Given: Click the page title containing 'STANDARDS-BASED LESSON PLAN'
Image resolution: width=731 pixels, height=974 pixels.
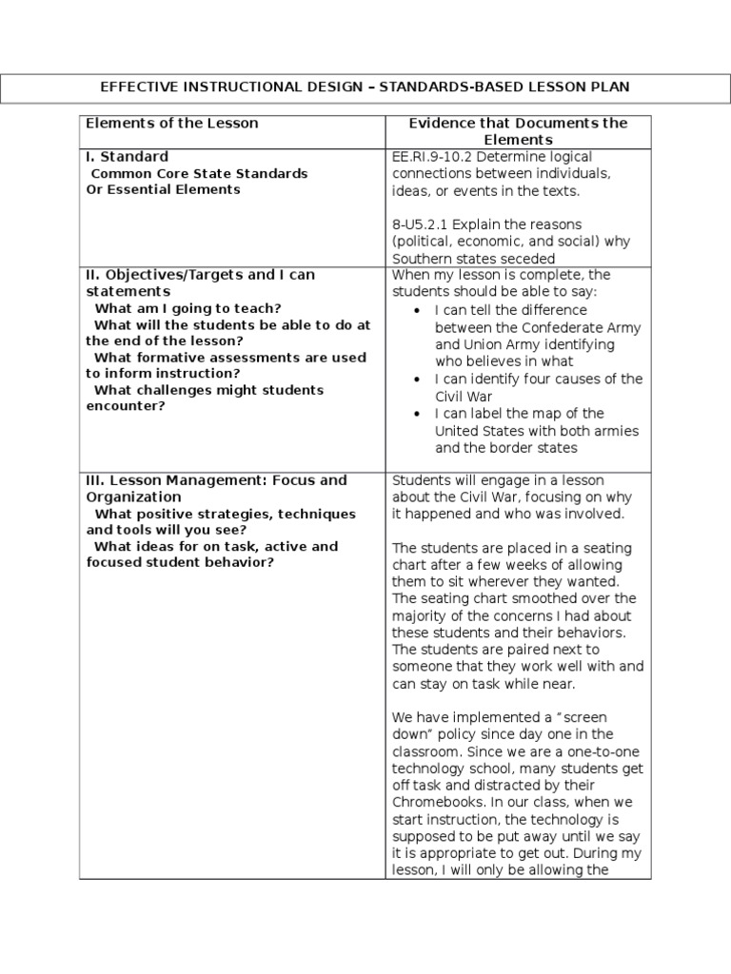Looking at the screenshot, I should pos(365,87).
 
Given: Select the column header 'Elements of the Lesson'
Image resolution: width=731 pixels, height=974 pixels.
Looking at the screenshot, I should pos(172,123).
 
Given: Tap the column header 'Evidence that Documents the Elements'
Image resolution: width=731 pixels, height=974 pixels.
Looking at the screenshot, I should pos(518,131).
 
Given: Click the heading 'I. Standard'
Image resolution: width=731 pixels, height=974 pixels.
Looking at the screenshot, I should pos(127,156).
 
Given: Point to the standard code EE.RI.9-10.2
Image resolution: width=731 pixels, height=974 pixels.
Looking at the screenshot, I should pos(434,157).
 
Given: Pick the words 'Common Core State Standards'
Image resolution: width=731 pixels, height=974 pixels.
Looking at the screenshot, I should pos(199,173).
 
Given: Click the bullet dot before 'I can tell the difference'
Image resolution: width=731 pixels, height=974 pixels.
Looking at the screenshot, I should pos(420,311).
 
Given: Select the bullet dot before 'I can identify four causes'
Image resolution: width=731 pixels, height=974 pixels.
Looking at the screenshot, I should pos(420,380).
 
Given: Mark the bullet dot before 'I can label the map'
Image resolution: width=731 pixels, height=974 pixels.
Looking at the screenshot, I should pos(420,414).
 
